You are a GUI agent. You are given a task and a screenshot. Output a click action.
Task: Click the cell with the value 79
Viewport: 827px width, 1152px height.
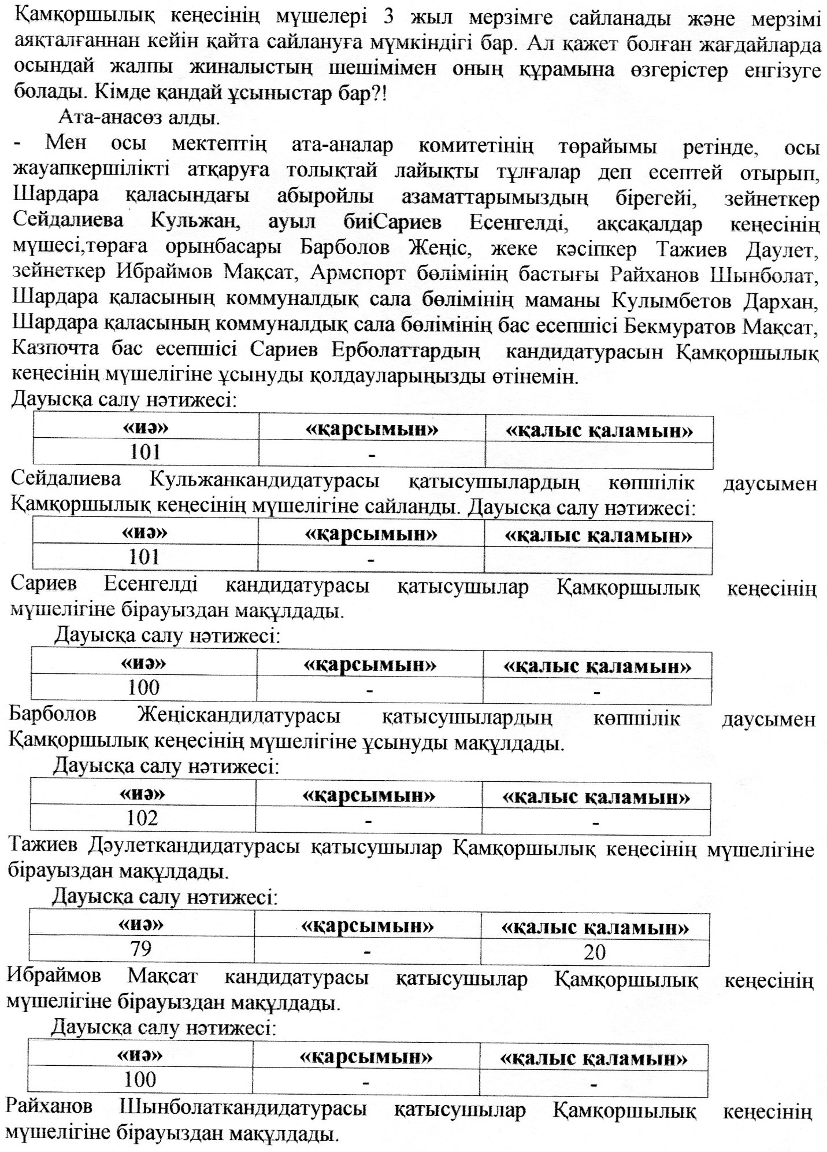(x=142, y=949)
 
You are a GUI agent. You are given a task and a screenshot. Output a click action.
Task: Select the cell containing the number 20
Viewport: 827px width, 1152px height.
(x=595, y=951)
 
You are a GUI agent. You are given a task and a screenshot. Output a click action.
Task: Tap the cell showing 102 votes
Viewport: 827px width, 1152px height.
(x=142, y=818)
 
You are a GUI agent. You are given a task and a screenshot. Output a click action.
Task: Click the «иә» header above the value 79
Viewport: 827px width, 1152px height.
(x=142, y=924)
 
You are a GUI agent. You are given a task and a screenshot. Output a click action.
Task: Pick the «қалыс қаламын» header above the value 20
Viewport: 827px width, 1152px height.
(x=595, y=928)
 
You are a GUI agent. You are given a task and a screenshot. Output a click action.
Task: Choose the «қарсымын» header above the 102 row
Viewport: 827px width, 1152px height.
(x=368, y=796)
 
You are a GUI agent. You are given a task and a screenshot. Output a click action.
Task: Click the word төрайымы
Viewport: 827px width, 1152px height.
(x=607, y=146)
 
